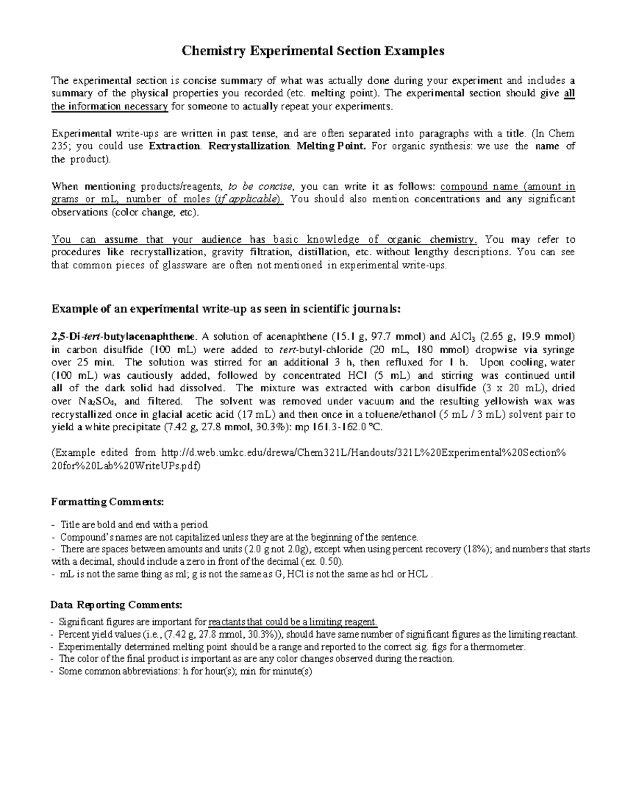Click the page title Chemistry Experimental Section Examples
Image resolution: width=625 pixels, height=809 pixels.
point(312,51)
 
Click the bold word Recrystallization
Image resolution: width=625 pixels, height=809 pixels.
point(248,146)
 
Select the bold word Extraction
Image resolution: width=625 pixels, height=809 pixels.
point(174,146)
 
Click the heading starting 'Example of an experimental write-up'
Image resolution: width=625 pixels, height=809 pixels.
point(226,309)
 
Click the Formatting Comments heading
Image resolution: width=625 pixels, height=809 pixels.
point(107,502)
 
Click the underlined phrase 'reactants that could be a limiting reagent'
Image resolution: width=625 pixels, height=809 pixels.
point(293,622)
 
